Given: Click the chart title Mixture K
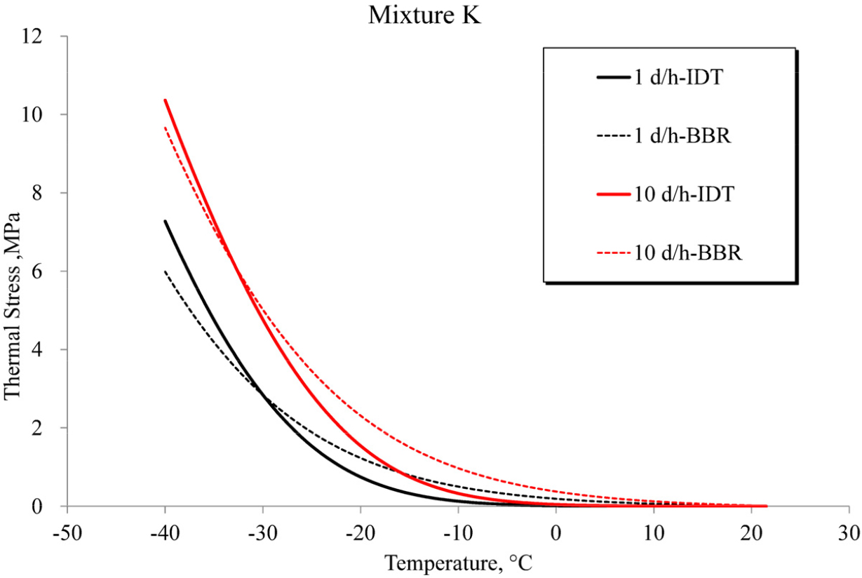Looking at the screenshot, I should (x=424, y=15).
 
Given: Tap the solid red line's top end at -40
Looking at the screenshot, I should (x=166, y=100).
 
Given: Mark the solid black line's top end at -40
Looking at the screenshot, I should (x=166, y=221).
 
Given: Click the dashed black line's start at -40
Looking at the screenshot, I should (x=166, y=271).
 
